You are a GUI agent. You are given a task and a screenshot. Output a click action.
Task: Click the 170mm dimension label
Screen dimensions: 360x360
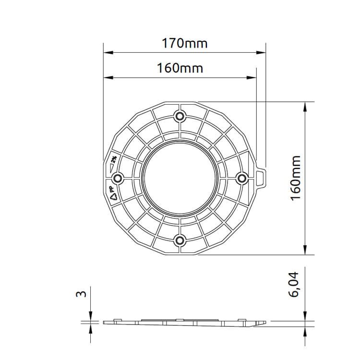pos(185,43)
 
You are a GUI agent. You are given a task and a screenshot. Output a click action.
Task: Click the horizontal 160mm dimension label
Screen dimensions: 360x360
pos(180,68)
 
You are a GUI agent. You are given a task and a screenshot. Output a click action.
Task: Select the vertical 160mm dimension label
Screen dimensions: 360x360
pos(296,178)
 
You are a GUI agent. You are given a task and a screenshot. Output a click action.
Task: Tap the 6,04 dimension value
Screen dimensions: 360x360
pos(294,285)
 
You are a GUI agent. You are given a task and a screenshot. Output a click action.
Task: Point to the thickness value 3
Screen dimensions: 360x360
pos(81,294)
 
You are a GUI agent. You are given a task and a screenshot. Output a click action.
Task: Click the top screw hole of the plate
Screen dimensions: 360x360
pos(180,116)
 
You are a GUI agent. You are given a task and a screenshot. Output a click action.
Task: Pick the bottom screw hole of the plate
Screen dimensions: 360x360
pos(180,240)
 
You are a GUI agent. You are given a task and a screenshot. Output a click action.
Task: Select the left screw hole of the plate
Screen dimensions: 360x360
pos(118,178)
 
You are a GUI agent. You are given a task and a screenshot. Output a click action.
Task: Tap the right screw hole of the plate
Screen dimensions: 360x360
pos(242,178)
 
